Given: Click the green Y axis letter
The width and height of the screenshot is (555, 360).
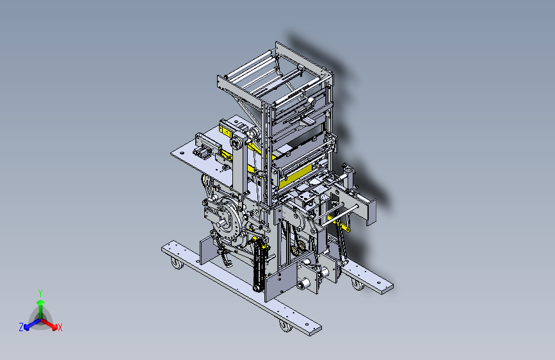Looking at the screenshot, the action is point(40,293).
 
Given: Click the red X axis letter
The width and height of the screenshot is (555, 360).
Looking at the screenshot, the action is point(60,327).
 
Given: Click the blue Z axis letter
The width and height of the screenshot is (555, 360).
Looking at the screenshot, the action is point(21,327).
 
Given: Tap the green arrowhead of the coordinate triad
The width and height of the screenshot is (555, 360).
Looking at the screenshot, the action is point(41,302).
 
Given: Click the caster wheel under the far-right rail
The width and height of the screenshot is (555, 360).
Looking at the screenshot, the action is point(358,284).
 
